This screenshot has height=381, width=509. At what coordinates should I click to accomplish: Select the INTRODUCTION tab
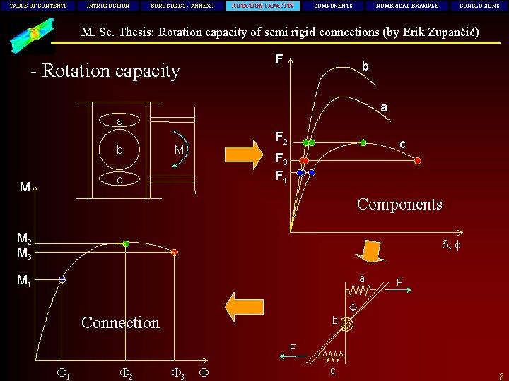(108, 6)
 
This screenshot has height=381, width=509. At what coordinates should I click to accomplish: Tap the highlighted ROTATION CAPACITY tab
(263, 6)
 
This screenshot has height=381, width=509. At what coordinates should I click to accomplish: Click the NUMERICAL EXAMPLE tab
(411, 6)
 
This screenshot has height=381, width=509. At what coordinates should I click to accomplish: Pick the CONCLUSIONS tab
(479, 6)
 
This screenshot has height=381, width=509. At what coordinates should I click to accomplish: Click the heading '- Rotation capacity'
(105, 71)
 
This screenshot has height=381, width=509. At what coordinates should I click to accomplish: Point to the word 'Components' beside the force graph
(399, 205)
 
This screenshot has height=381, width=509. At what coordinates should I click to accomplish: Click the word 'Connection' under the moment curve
(120, 322)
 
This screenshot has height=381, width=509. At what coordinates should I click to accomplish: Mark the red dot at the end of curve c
(417, 161)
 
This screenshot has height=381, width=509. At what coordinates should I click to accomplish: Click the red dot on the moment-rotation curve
(174, 252)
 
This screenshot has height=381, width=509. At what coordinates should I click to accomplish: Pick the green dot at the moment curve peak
(126, 243)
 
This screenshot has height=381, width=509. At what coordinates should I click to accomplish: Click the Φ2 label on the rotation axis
(126, 372)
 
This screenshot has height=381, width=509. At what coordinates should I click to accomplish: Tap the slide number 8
(501, 376)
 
